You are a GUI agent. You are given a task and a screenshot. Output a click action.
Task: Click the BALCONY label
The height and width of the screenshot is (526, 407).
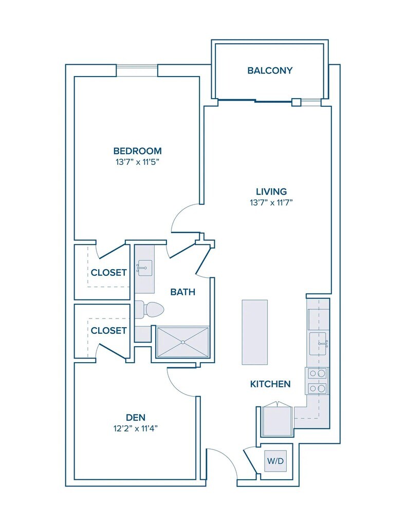pos(270,70)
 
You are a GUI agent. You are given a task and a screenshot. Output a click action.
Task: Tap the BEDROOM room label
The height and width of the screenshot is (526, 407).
pos(137,151)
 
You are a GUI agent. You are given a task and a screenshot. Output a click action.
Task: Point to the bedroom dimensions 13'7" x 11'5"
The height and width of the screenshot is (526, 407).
pos(137,162)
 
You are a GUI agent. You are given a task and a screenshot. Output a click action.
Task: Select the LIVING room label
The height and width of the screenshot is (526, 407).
pos(271,192)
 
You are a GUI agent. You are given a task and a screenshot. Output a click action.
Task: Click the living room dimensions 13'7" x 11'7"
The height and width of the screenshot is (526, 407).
pos(271,202)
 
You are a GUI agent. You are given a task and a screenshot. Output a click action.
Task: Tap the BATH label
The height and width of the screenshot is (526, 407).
pos(182,292)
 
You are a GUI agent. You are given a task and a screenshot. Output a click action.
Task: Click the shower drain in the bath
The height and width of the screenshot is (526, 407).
pos(183,342)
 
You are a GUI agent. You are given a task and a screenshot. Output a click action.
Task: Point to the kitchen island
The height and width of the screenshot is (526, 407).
pos(255,332)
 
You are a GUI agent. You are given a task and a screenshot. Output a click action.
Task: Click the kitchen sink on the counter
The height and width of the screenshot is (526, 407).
pos(319,344)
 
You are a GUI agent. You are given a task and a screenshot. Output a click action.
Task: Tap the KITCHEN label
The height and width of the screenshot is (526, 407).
pos(270,384)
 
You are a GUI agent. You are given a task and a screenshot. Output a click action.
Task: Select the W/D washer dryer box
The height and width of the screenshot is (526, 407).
pos(275,461)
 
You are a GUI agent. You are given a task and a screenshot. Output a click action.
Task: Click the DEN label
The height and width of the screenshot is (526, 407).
pos(136,417)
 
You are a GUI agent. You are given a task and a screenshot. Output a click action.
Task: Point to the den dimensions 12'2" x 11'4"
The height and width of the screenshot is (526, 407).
pos(136,428)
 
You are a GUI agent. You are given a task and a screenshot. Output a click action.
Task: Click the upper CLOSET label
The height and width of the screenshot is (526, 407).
pos(109,273)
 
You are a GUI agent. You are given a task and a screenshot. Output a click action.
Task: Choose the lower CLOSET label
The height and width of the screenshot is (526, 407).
pos(109,331)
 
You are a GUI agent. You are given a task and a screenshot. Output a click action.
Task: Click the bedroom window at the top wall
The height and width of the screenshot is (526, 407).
pos(137,70)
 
